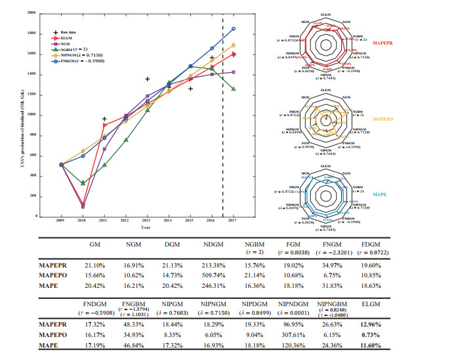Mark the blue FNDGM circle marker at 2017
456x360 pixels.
click(234, 29)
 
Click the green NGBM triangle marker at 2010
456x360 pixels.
click(83, 183)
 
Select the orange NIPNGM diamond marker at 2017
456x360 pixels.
click(234, 45)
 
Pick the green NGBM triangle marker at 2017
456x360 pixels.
click(234, 89)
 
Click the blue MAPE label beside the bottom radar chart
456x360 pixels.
click(380, 195)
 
